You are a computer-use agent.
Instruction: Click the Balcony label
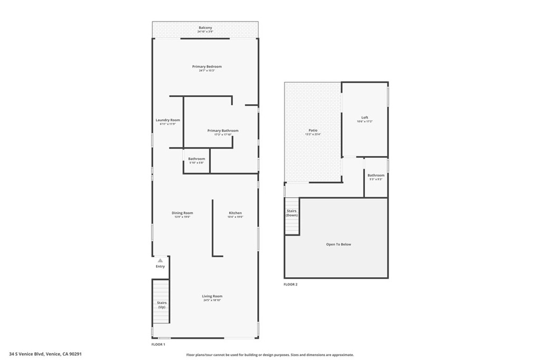(205, 28)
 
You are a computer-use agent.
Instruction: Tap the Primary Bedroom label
(207, 67)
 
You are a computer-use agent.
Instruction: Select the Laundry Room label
(168, 120)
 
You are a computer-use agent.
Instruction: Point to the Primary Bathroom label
(223, 131)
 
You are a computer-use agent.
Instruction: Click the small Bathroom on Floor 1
(197, 159)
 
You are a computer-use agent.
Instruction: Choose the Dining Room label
(182, 213)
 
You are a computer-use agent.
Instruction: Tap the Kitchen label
(235, 213)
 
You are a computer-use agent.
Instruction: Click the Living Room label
(212, 296)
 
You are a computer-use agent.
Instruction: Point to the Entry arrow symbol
(160, 260)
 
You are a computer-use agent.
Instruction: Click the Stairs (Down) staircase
(292, 216)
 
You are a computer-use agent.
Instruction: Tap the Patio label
(313, 131)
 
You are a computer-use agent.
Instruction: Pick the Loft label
(364, 118)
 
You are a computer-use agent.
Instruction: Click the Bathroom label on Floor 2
(376, 176)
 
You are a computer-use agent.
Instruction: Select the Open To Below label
(338, 245)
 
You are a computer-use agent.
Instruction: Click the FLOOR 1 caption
(158, 344)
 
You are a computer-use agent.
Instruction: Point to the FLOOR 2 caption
(291, 285)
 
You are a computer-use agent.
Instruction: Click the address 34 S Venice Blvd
(45, 354)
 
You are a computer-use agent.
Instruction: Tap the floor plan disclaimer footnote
(270, 355)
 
